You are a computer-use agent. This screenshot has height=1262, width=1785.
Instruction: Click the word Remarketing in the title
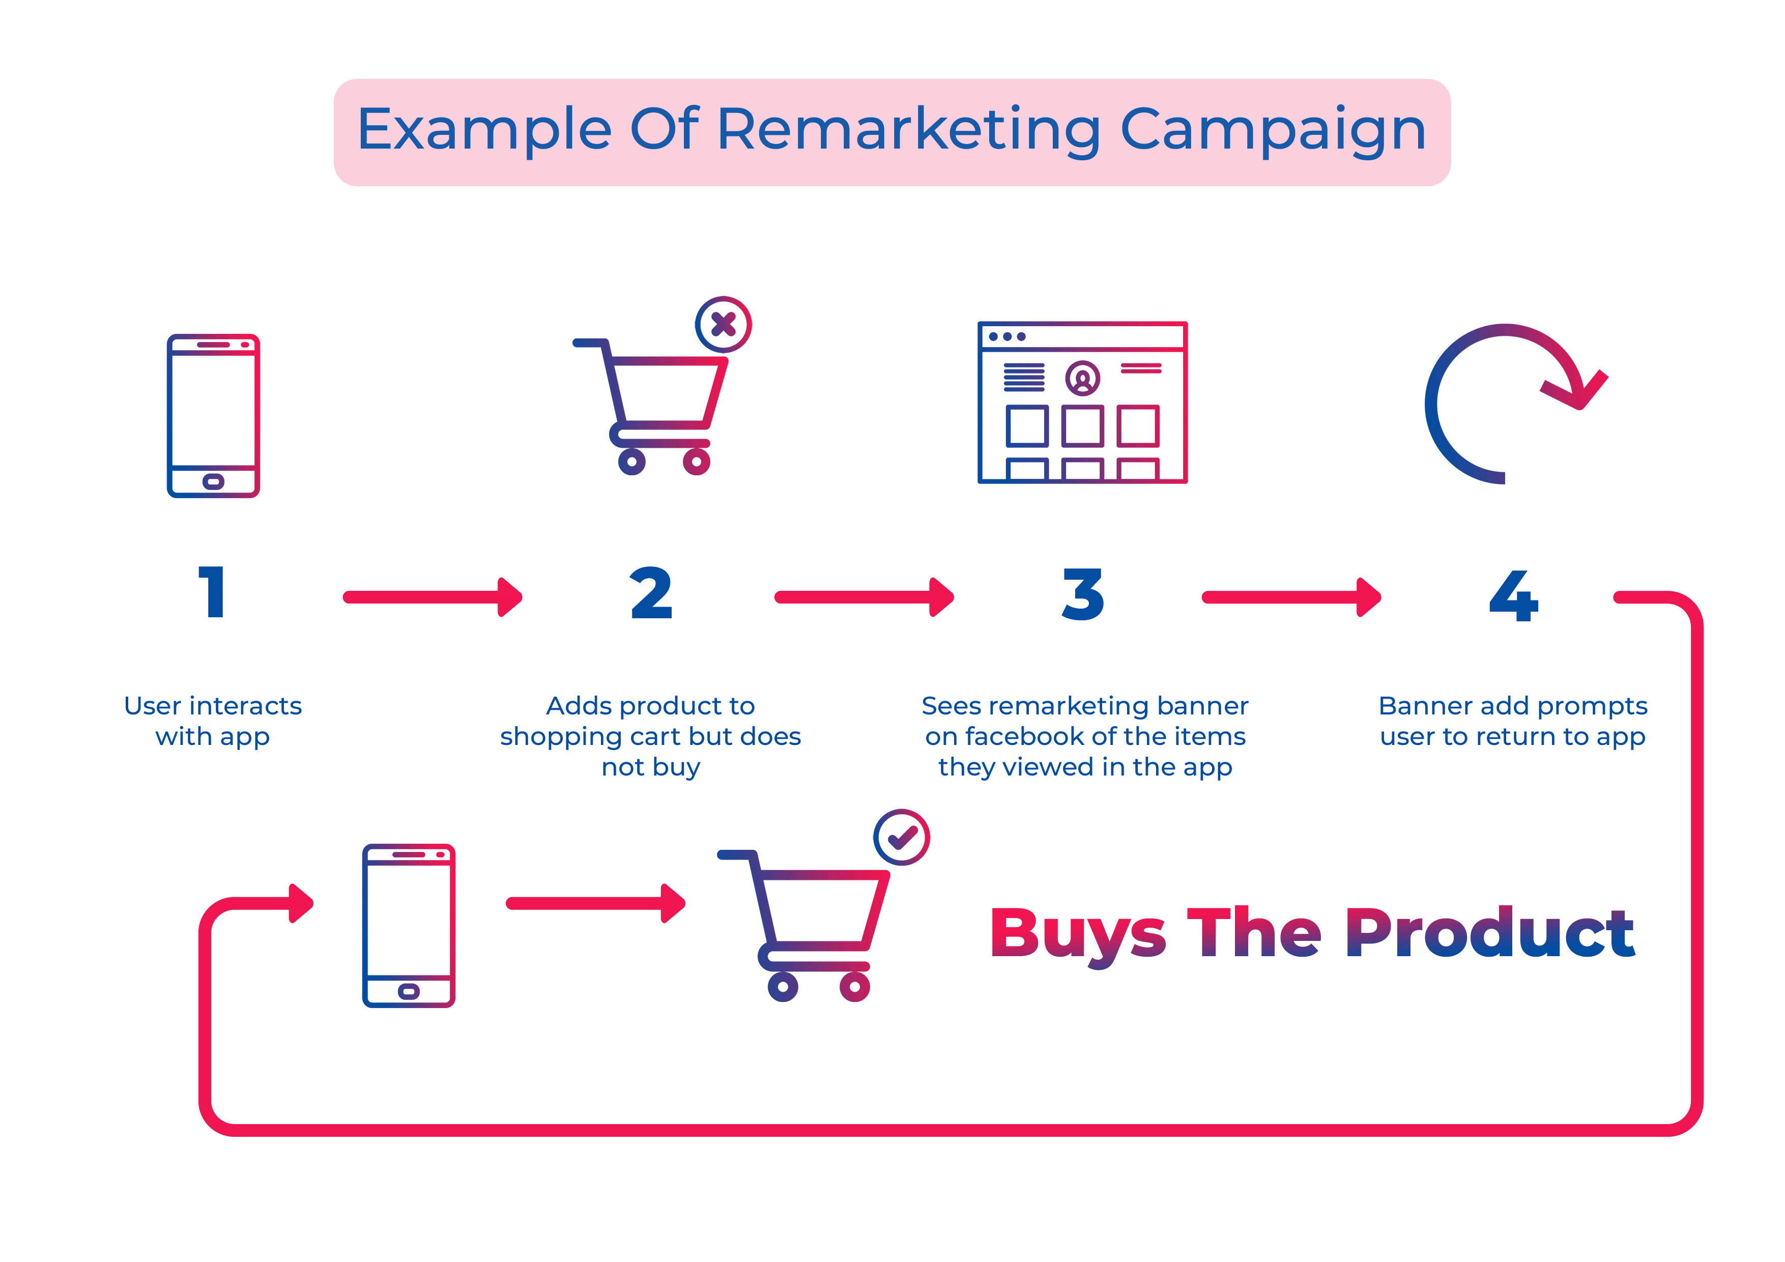coord(908,130)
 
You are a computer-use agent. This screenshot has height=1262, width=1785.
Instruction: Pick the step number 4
coord(1514,595)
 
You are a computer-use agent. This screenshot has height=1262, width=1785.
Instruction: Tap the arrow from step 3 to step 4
coord(1292,597)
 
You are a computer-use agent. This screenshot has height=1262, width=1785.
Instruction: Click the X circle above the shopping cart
coord(723,324)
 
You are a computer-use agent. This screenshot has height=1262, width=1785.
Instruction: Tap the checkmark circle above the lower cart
coord(902,838)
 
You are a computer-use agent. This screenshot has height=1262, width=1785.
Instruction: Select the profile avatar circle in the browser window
coord(1083,379)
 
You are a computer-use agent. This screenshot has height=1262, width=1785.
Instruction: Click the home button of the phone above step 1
coord(213,481)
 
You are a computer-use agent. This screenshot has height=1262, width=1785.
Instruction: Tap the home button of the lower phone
coord(408,991)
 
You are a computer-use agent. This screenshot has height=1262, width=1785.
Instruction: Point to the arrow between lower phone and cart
coord(595,903)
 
